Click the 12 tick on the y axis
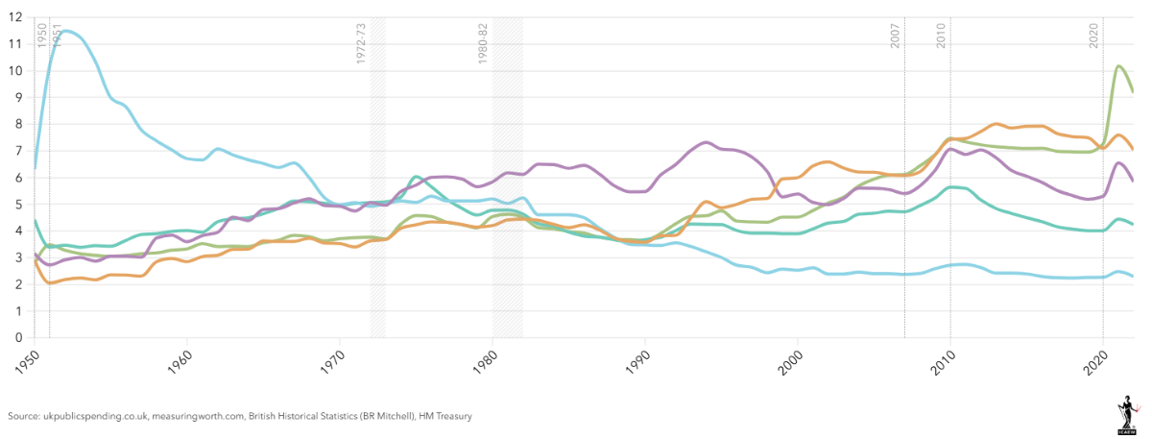(16, 17)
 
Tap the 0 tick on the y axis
(18, 338)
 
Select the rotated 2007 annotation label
(896, 36)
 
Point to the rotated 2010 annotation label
(942, 36)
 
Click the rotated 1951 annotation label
(57, 36)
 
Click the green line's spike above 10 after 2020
(1119, 65)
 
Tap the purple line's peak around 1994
(706, 142)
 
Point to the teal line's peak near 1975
(414, 177)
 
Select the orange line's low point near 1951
(48, 283)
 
